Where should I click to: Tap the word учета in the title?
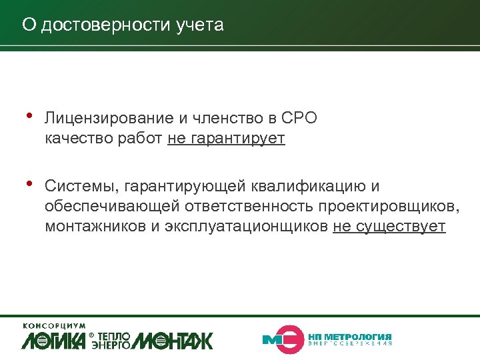pos(200,25)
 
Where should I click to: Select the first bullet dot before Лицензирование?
pos(29,116)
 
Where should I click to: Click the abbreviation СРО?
pos(300,119)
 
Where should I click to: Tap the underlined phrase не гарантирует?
pos(227,139)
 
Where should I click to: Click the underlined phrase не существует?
pos(389,226)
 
